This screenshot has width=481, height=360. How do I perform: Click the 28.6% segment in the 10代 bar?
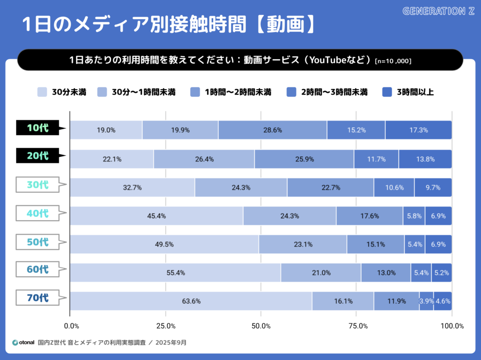pos(272,130)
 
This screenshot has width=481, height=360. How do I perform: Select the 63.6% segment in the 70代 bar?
pos(191,301)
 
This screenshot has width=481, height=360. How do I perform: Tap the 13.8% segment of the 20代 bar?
pos(425,159)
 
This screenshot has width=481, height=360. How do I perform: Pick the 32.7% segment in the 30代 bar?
pos(132,188)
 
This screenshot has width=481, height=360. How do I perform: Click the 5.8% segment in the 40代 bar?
pos(413,216)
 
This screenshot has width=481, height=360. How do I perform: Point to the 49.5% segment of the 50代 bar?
pos(164,245)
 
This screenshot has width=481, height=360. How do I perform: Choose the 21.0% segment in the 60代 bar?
pos(321,273)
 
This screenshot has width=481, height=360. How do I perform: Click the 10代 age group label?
pos(38,128)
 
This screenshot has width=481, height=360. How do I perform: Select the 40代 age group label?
pos(38,213)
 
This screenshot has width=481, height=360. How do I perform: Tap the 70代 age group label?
pos(38,298)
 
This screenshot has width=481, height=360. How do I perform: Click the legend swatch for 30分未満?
pos(42,92)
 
